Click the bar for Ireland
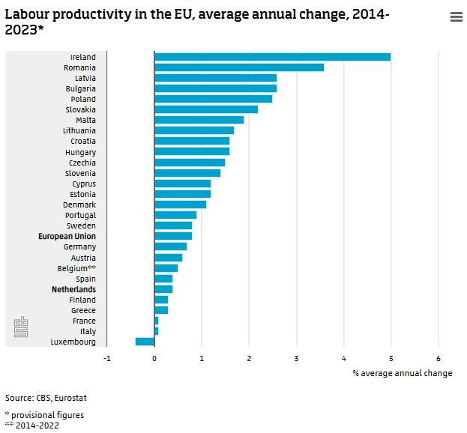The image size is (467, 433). pyautogui.click(x=272, y=57)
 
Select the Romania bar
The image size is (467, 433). pyautogui.click(x=239, y=67)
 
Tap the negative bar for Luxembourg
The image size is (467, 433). pyautogui.click(x=145, y=342)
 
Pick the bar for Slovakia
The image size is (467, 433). pyautogui.click(x=206, y=109)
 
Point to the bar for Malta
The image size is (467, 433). pyautogui.click(x=199, y=120)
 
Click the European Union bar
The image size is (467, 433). pyautogui.click(x=173, y=236)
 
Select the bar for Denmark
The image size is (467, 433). pyautogui.click(x=180, y=205)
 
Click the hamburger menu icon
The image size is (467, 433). pyautogui.click(x=456, y=17)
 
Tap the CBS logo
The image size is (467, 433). pyautogui.click(x=21, y=327)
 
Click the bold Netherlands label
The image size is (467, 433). pyautogui.click(x=73, y=289)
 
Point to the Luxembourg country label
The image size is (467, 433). pyautogui.click(x=73, y=342)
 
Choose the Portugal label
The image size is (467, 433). pyautogui.click(x=80, y=215)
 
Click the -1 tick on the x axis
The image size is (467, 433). pyautogui.click(x=107, y=358)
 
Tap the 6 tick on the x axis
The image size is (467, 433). pyautogui.click(x=438, y=358)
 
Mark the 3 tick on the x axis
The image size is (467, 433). pyautogui.click(x=296, y=358)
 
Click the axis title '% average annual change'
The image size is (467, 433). pyautogui.click(x=402, y=373)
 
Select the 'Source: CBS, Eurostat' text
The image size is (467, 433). pyautogui.click(x=40, y=398)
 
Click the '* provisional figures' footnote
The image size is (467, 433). pyautogui.click(x=44, y=415)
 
